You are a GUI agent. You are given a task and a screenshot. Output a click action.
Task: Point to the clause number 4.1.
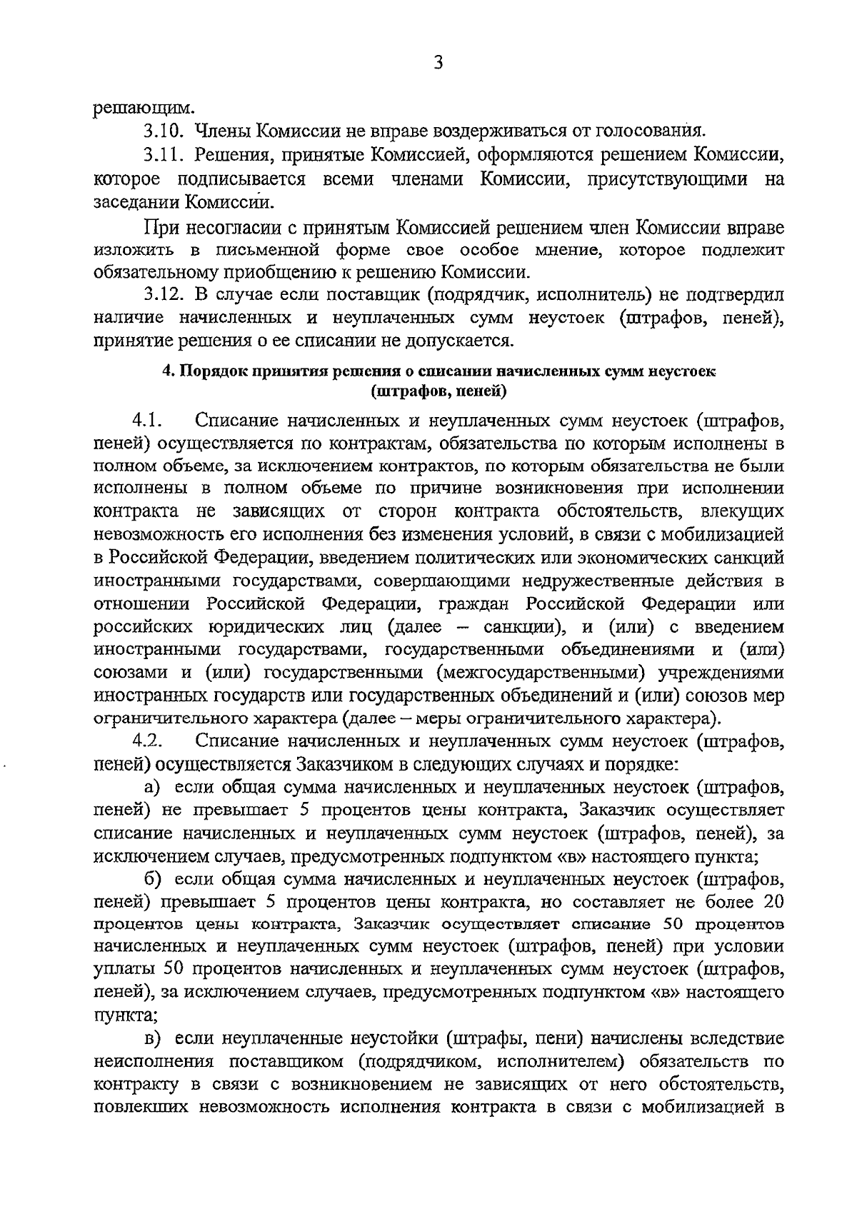click(x=149, y=420)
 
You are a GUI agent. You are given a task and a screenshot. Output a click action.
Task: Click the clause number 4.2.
click(x=149, y=742)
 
